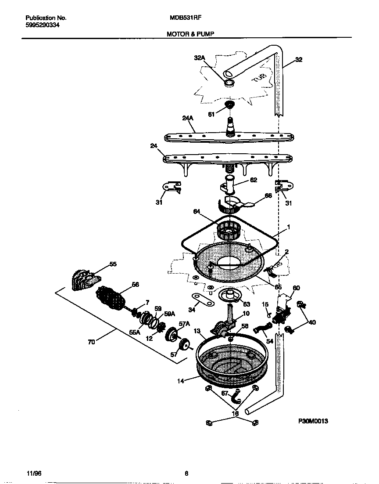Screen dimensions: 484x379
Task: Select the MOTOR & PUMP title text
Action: pyautogui.click(x=190, y=33)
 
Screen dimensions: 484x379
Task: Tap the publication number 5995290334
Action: pyautogui.click(x=43, y=25)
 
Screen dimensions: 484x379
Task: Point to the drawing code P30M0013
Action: pyautogui.click(x=313, y=421)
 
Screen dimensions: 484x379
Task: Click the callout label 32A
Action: pyautogui.click(x=200, y=58)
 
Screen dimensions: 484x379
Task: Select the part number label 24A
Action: pyautogui.click(x=188, y=118)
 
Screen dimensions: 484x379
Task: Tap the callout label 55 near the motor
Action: pyautogui.click(x=113, y=264)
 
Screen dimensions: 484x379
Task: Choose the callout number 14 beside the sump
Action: pyautogui.click(x=180, y=381)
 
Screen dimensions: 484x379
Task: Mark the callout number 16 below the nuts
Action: pyautogui.click(x=235, y=413)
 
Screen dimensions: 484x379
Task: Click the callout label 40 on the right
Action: pyautogui.click(x=312, y=322)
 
